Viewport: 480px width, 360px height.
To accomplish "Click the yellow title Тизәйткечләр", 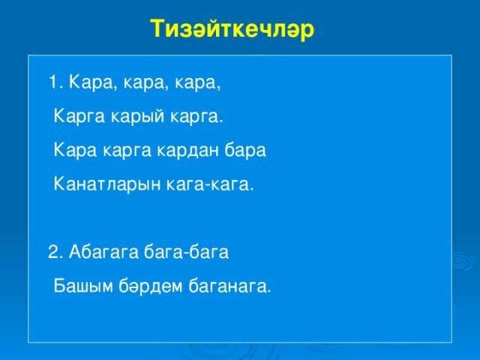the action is coord(232,29).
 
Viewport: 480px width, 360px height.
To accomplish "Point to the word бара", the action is coord(245,150).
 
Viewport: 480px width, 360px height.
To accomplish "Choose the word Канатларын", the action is coord(107,184).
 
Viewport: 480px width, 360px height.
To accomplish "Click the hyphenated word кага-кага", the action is coord(209,184).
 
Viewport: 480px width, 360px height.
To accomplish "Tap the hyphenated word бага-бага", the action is coord(186,252).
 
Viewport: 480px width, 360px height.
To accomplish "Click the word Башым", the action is coord(83,286).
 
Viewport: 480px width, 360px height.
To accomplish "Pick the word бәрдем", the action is coord(151,286).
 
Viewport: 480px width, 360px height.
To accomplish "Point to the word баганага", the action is coord(229,286).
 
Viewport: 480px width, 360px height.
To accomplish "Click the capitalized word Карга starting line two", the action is coord(79,117).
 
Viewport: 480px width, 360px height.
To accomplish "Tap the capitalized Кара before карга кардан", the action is coord(75,150).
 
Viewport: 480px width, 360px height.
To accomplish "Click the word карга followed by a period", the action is coord(195,118).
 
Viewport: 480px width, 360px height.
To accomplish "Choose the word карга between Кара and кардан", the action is coord(127,151).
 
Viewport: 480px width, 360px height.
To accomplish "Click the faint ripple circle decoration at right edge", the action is coord(460,262).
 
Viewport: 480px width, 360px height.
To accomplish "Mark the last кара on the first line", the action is coord(197,83).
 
